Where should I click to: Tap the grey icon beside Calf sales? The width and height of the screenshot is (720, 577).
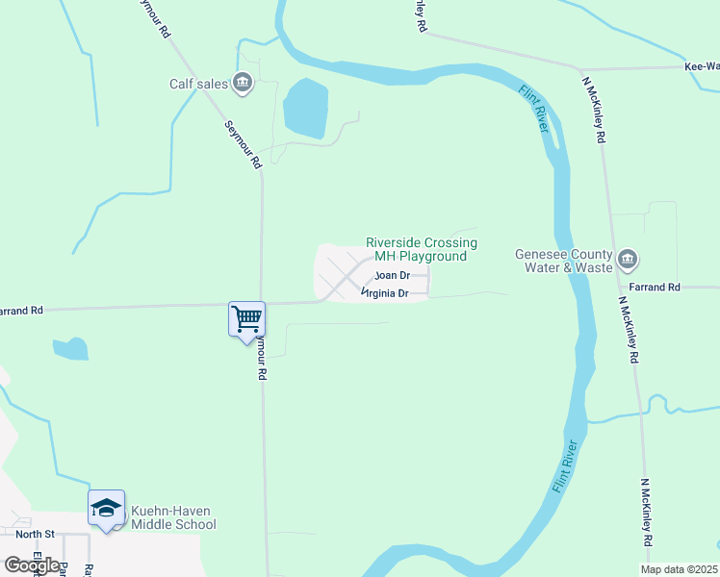(x=244, y=83)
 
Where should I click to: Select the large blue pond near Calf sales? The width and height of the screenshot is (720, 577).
(x=305, y=108)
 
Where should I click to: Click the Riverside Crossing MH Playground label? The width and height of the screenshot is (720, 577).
(x=422, y=250)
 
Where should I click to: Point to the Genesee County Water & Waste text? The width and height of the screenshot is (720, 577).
(x=563, y=260)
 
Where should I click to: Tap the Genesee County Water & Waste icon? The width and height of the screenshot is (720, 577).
(x=628, y=259)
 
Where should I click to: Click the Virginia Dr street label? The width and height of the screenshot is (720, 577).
(x=386, y=292)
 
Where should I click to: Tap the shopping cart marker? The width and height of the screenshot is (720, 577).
(x=246, y=318)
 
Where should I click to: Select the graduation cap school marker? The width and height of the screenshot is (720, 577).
(x=106, y=509)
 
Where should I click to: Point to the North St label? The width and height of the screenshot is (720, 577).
(x=36, y=533)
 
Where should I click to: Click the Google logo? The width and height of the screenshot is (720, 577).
(x=32, y=564)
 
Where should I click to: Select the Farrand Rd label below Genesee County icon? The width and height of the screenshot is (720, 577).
(x=655, y=288)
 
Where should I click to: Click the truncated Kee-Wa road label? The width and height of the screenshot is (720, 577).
(x=701, y=67)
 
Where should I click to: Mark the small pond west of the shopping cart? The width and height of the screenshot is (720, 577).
(x=70, y=348)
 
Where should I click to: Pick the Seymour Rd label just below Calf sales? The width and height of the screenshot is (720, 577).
(x=244, y=145)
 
